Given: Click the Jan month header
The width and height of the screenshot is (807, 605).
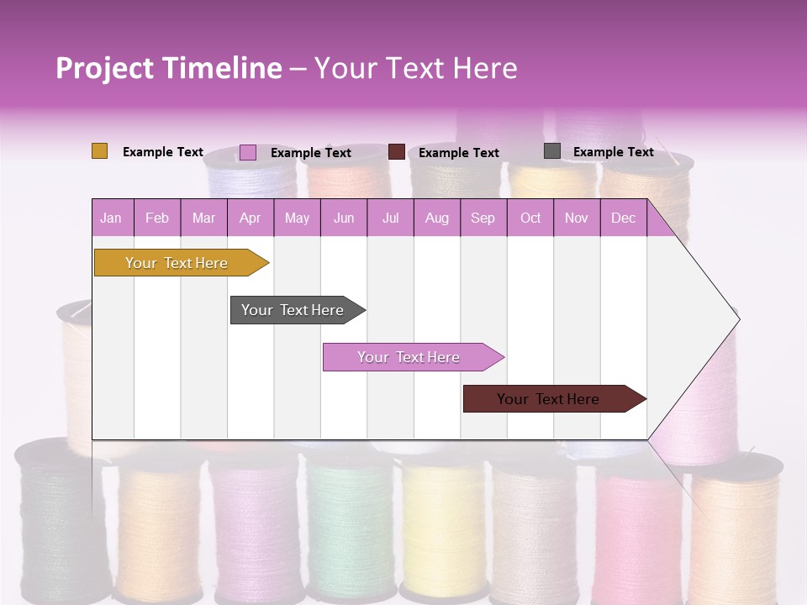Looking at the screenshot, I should [x=112, y=218].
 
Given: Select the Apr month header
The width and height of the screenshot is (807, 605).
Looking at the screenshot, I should [x=250, y=218].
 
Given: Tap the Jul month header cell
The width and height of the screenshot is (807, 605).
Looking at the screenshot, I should [x=390, y=218].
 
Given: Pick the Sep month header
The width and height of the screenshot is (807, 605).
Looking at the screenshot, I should [x=483, y=218].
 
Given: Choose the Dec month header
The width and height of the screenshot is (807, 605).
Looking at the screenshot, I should [x=623, y=218].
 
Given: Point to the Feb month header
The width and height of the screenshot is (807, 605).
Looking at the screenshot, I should [x=157, y=218].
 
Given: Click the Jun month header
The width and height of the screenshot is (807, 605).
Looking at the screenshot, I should [x=344, y=218].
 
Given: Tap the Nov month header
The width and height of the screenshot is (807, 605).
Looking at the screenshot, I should [x=577, y=218].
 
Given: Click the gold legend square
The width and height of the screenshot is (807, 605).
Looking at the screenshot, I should [x=99, y=151].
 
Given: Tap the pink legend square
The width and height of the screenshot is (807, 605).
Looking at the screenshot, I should [x=247, y=152].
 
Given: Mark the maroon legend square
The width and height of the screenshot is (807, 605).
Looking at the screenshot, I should [x=397, y=152].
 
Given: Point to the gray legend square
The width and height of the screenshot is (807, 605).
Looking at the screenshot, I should [x=551, y=151].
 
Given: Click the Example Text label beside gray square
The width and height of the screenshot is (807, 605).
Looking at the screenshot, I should [x=613, y=152].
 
